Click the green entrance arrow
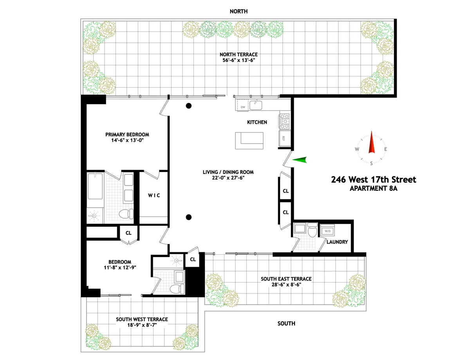[x=300, y=159]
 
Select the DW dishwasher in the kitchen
[x=243, y=107]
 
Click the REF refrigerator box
[x=283, y=138]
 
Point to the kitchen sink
[x=257, y=105]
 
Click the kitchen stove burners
[x=284, y=121]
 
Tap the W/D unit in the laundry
[x=327, y=231]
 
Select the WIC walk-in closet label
[x=154, y=195]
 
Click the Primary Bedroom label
[x=127, y=134]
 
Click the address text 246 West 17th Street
[x=373, y=180]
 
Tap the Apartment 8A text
[x=373, y=188]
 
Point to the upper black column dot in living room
[x=189, y=105]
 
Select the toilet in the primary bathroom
[x=124, y=213]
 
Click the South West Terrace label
[x=142, y=319]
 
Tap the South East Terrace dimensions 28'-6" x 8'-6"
[x=286, y=285]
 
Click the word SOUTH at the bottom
[x=286, y=324]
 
